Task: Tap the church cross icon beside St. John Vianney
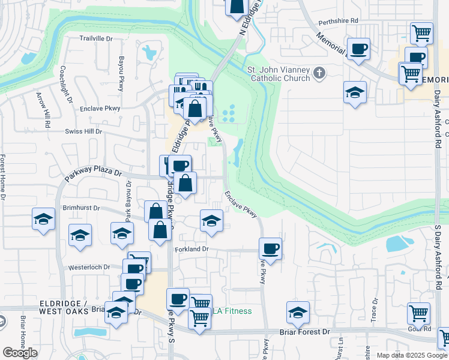click(x=319, y=73)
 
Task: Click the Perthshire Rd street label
click(x=338, y=20)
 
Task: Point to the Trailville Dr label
click(x=96, y=38)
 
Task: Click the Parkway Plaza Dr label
click(x=93, y=175)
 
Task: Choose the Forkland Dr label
click(x=191, y=248)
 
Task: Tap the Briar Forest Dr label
click(x=305, y=331)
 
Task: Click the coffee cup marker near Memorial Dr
click(x=358, y=49)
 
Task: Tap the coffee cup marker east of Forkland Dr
click(x=270, y=248)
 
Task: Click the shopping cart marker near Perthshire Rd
click(x=422, y=32)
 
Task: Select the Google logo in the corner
click(x=20, y=353)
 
